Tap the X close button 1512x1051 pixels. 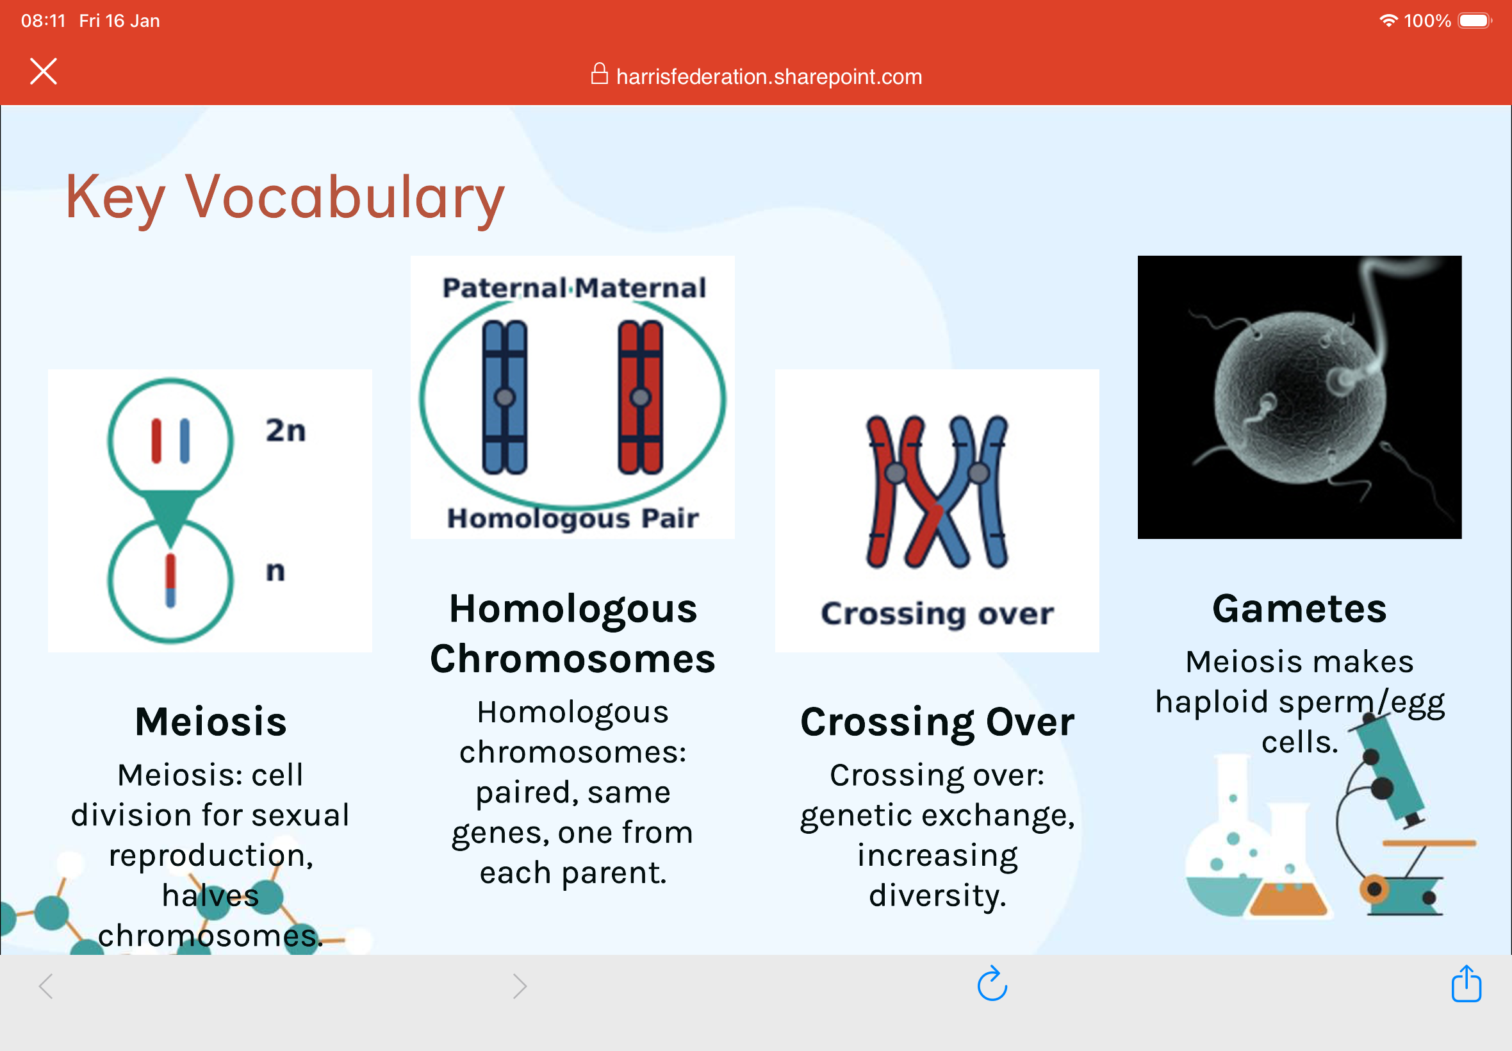pyautogui.click(x=44, y=71)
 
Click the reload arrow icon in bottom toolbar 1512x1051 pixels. pyautogui.click(x=992, y=984)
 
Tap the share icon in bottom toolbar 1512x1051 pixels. pyautogui.click(x=1466, y=984)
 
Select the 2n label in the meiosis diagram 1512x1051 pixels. pyautogui.click(x=286, y=431)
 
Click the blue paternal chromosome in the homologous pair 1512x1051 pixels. pyautogui.click(x=505, y=397)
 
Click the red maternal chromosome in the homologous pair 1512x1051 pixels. pyautogui.click(x=640, y=397)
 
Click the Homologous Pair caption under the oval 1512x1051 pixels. pyautogui.click(x=573, y=518)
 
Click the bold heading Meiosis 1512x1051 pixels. pyautogui.click(x=211, y=722)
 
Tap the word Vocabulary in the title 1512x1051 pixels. pyautogui.click(x=344, y=197)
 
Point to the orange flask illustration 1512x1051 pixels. pyautogui.click(x=1288, y=882)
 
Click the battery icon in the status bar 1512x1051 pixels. pyautogui.click(x=1474, y=21)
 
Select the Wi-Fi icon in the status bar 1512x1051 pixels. pyautogui.click(x=1388, y=21)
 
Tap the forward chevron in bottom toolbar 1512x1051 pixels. pyautogui.click(x=520, y=986)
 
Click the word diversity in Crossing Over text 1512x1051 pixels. pyautogui.click(x=937, y=895)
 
